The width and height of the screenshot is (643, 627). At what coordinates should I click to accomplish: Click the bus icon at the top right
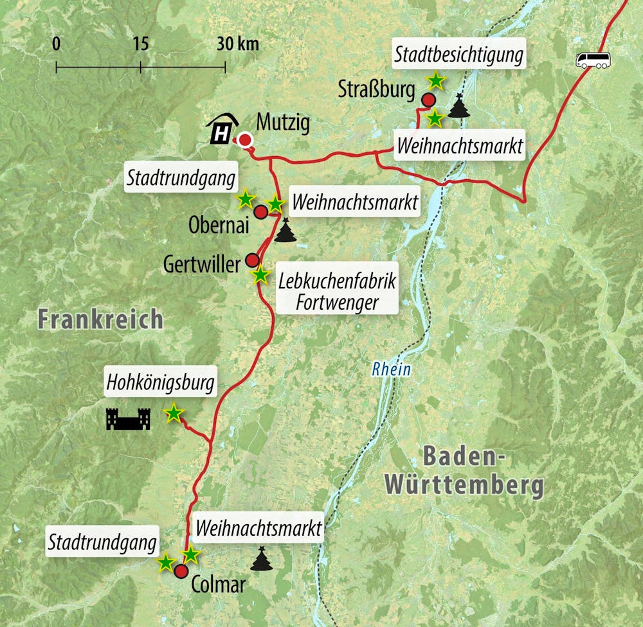point(593,60)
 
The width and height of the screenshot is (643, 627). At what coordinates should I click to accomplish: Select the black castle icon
point(128,419)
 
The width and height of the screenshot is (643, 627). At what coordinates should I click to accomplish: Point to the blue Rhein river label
point(390,370)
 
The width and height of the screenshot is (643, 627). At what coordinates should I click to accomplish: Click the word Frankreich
point(100,319)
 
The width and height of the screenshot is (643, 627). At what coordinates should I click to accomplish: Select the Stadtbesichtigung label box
point(458,56)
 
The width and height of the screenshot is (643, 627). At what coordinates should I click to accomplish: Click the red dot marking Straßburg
point(428,100)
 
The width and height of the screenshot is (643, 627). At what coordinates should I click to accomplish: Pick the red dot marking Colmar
point(181,572)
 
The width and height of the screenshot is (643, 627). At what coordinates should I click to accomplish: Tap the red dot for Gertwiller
point(252,260)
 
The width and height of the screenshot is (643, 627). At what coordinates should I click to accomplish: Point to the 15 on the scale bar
point(140,44)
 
